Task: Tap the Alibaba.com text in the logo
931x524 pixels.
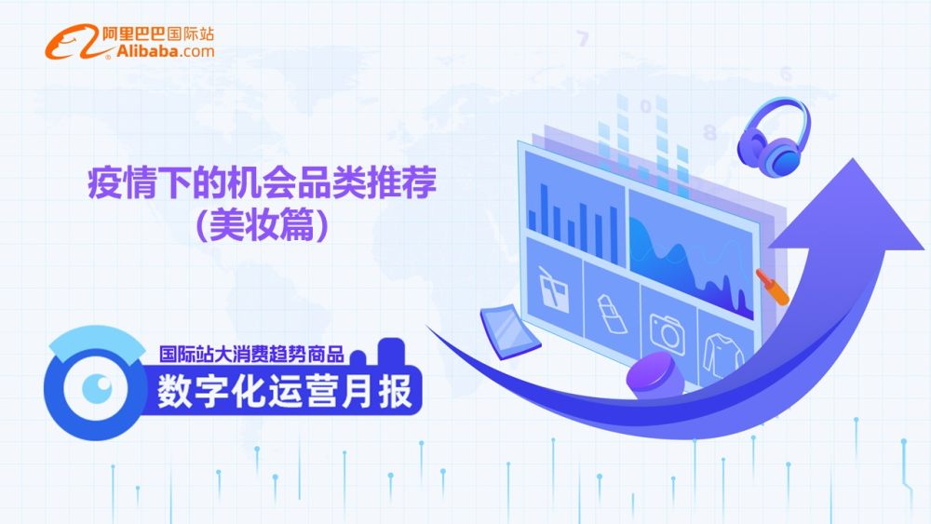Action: click(x=165, y=51)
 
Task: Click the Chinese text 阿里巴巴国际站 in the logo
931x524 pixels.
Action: click(x=158, y=34)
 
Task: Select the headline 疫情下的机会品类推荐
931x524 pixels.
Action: click(x=262, y=182)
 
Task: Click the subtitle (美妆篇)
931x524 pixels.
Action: click(x=262, y=225)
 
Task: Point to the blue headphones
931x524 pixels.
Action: click(x=773, y=137)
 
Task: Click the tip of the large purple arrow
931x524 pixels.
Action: click(x=854, y=160)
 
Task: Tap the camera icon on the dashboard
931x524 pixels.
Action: click(x=668, y=332)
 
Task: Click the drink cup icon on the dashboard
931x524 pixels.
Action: click(x=553, y=289)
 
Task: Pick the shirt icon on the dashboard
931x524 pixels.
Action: click(x=722, y=356)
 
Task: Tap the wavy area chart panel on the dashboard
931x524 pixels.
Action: click(x=692, y=255)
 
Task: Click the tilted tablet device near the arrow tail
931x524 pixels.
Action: click(x=510, y=331)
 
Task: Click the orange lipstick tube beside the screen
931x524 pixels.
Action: click(x=772, y=286)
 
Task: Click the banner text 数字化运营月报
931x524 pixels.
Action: click(x=284, y=391)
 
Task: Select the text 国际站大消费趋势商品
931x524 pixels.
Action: click(x=251, y=355)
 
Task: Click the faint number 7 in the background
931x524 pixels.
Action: click(x=583, y=39)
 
